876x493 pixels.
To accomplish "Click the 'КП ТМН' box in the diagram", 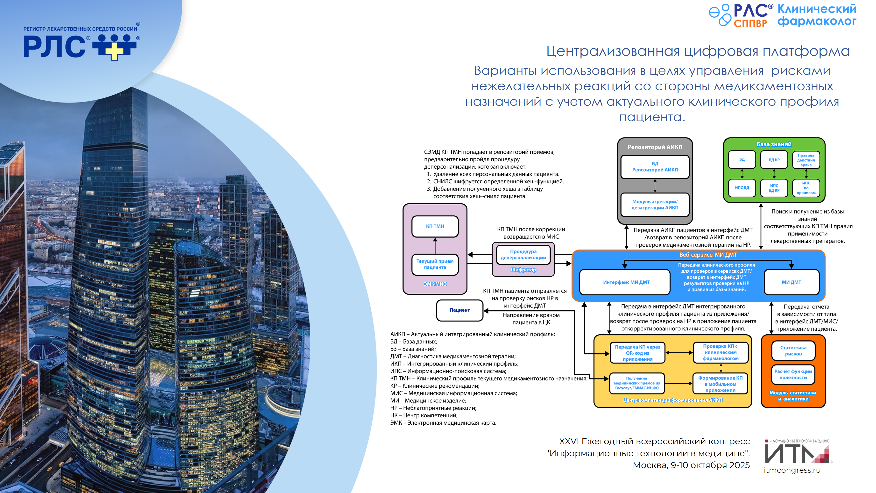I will (435, 226).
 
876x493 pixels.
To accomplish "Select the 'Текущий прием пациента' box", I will (435, 264).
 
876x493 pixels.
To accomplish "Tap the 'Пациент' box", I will (459, 310).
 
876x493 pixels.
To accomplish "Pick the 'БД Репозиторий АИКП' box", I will (655, 167).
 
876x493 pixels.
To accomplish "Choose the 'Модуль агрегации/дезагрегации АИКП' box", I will (655, 205).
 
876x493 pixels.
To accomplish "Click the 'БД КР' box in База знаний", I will (774, 160).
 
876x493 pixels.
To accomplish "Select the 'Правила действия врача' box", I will (806, 160).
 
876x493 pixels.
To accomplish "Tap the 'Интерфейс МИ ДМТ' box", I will (626, 282).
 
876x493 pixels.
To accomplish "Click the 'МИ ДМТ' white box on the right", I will (791, 282).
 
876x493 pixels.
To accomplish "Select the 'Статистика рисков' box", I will (793, 351).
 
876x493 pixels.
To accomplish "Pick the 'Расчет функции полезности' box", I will (793, 374).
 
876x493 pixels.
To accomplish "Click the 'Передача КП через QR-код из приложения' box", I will (637, 353).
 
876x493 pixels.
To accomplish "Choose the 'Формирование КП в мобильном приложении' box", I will (720, 384).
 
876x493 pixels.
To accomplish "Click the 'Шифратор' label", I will (523, 270).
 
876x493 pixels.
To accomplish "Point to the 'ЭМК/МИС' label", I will (435, 284).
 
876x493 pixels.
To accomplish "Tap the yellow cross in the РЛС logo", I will (114, 51).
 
